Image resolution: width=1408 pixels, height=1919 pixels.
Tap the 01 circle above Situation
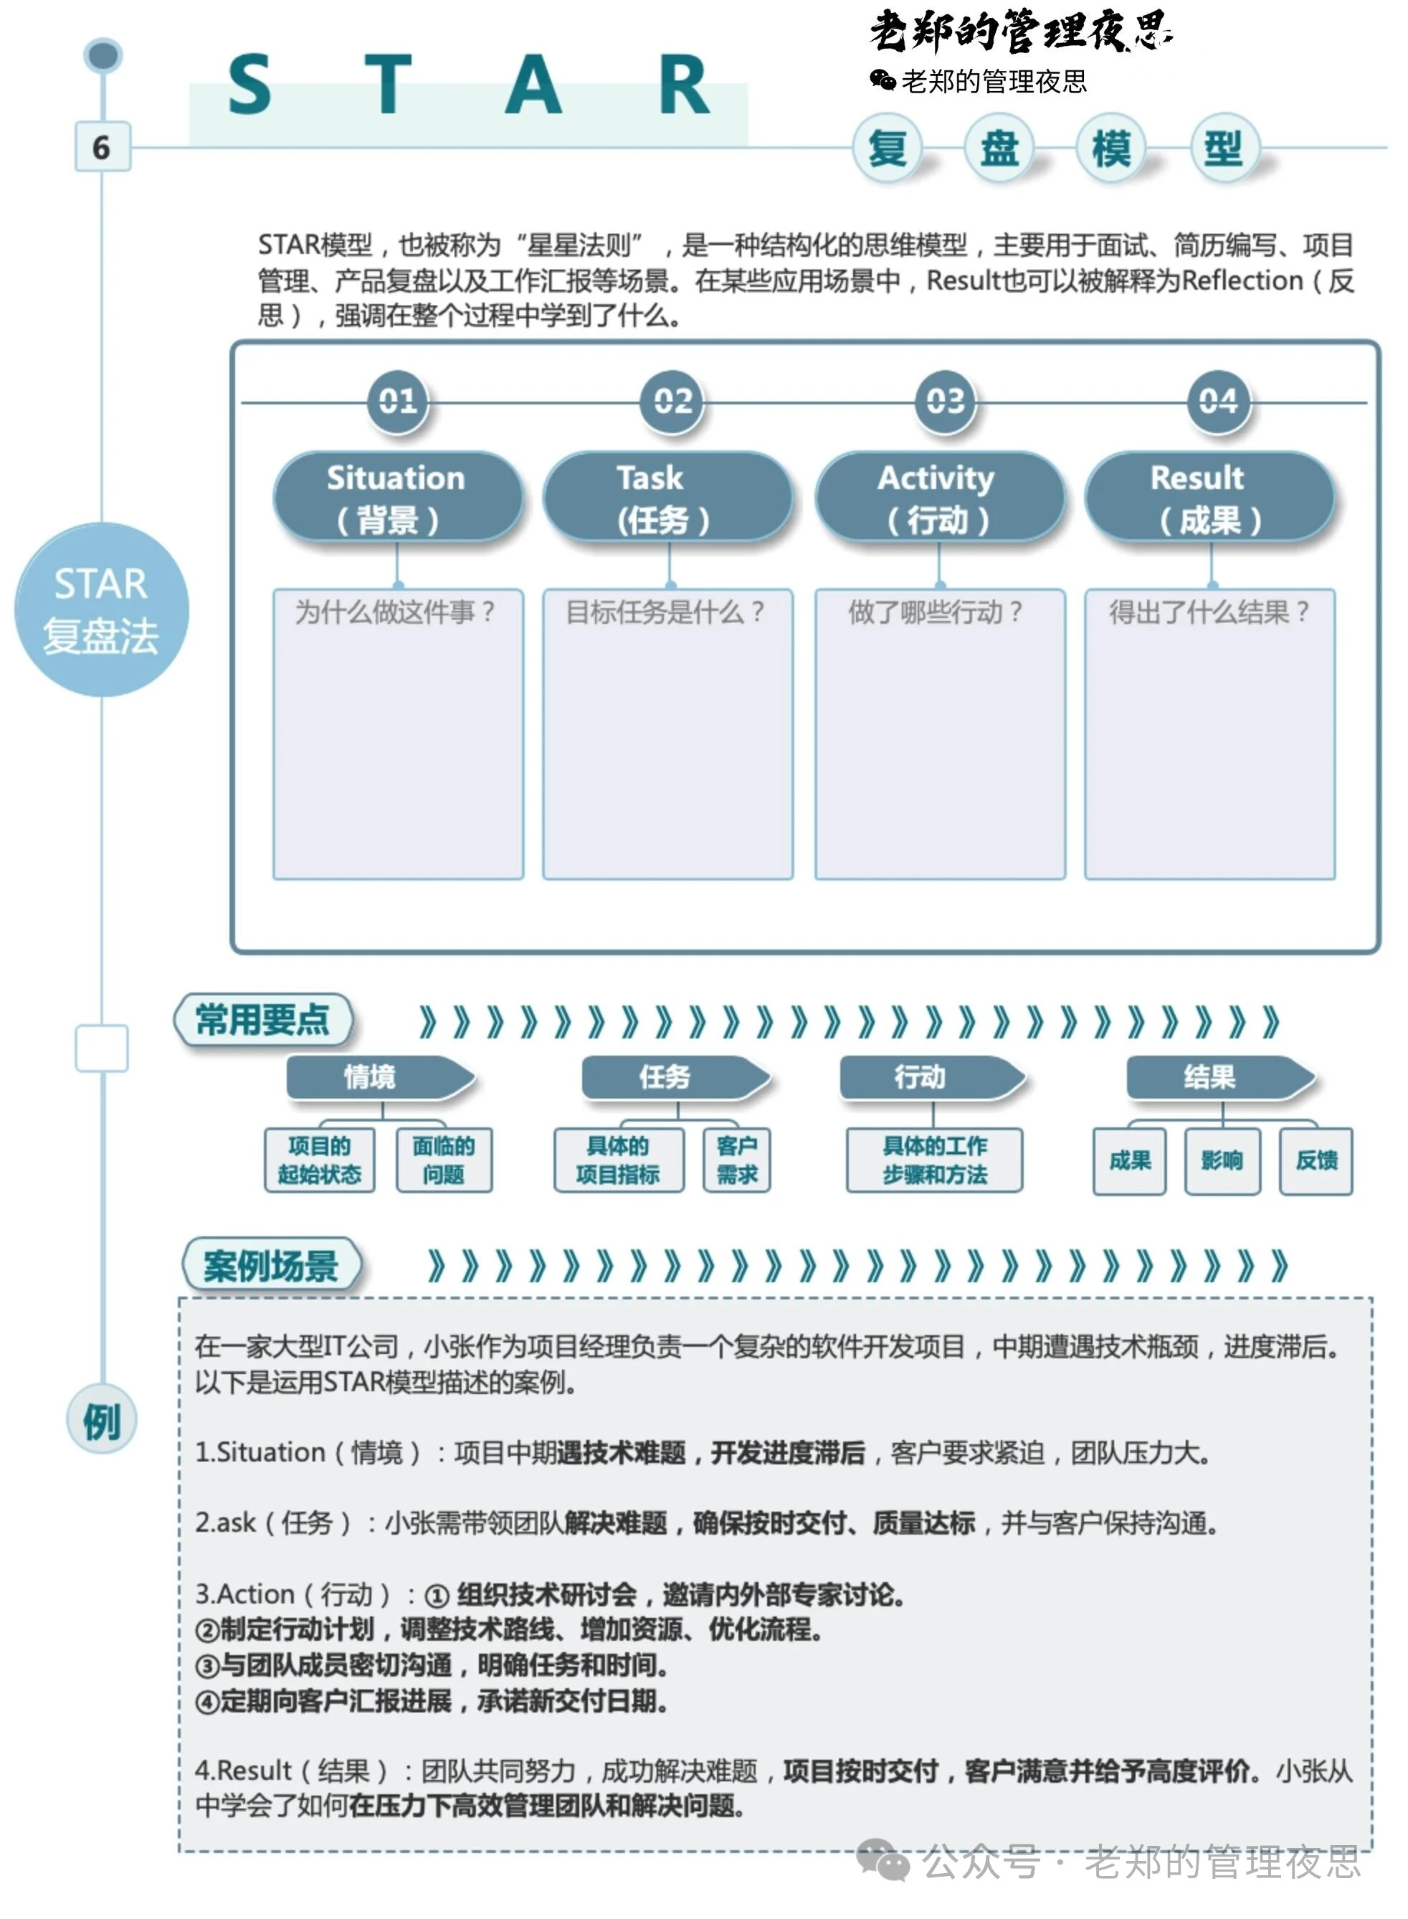397,401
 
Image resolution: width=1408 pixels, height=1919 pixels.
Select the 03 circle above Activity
945,401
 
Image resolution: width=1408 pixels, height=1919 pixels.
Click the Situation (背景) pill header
397,497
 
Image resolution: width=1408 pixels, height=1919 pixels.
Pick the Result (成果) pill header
1209,497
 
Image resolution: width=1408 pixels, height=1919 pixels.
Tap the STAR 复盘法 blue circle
101,610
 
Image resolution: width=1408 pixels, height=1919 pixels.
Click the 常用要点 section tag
262,1020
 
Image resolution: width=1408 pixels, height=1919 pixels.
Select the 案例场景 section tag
272,1265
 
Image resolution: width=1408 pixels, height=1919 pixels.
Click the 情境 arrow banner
380,1078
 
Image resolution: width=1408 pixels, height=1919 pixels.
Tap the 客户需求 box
737,1160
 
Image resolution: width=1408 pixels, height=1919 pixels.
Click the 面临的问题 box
444,1160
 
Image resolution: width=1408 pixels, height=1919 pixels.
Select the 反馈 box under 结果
1316,1161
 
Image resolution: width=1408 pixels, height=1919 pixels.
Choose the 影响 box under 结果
1222,1161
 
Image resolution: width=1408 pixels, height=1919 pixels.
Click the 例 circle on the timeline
101,1421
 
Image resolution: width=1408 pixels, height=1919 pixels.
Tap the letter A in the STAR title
533,85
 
